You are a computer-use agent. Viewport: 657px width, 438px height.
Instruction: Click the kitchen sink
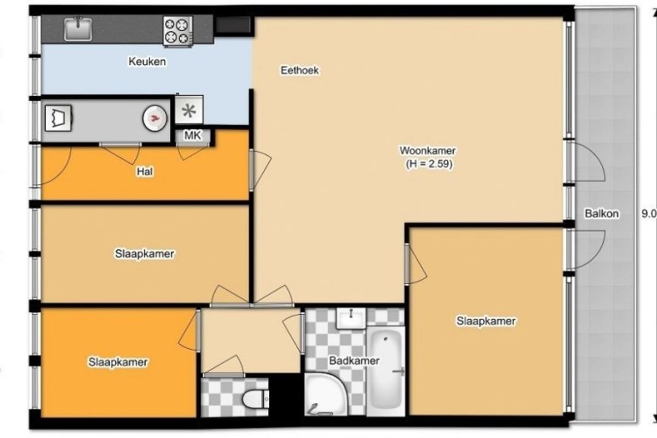78,29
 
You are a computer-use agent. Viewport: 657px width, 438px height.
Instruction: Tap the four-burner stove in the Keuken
178,31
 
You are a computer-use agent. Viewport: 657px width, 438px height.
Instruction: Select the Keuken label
147,62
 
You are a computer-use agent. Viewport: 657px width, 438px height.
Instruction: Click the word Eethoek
299,71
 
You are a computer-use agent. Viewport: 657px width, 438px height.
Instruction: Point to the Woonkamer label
428,151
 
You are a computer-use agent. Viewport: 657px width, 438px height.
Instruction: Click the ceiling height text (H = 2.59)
429,164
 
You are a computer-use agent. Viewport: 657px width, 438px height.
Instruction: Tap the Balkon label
602,214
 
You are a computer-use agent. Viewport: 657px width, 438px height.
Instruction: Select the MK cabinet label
193,136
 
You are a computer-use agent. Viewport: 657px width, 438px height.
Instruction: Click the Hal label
145,171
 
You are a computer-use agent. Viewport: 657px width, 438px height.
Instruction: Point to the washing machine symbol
59,118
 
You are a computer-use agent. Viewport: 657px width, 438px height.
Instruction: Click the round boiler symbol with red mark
155,118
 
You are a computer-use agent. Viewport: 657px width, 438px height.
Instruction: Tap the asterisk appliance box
189,110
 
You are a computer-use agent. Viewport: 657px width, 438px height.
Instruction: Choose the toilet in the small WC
255,399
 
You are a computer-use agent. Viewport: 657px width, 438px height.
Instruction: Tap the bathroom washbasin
351,318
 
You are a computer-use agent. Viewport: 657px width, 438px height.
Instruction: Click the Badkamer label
354,361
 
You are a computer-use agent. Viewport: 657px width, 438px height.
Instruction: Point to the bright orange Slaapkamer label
118,362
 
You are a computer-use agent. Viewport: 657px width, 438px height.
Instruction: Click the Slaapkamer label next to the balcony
486,321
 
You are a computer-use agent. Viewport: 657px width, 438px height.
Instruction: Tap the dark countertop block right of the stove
233,25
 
